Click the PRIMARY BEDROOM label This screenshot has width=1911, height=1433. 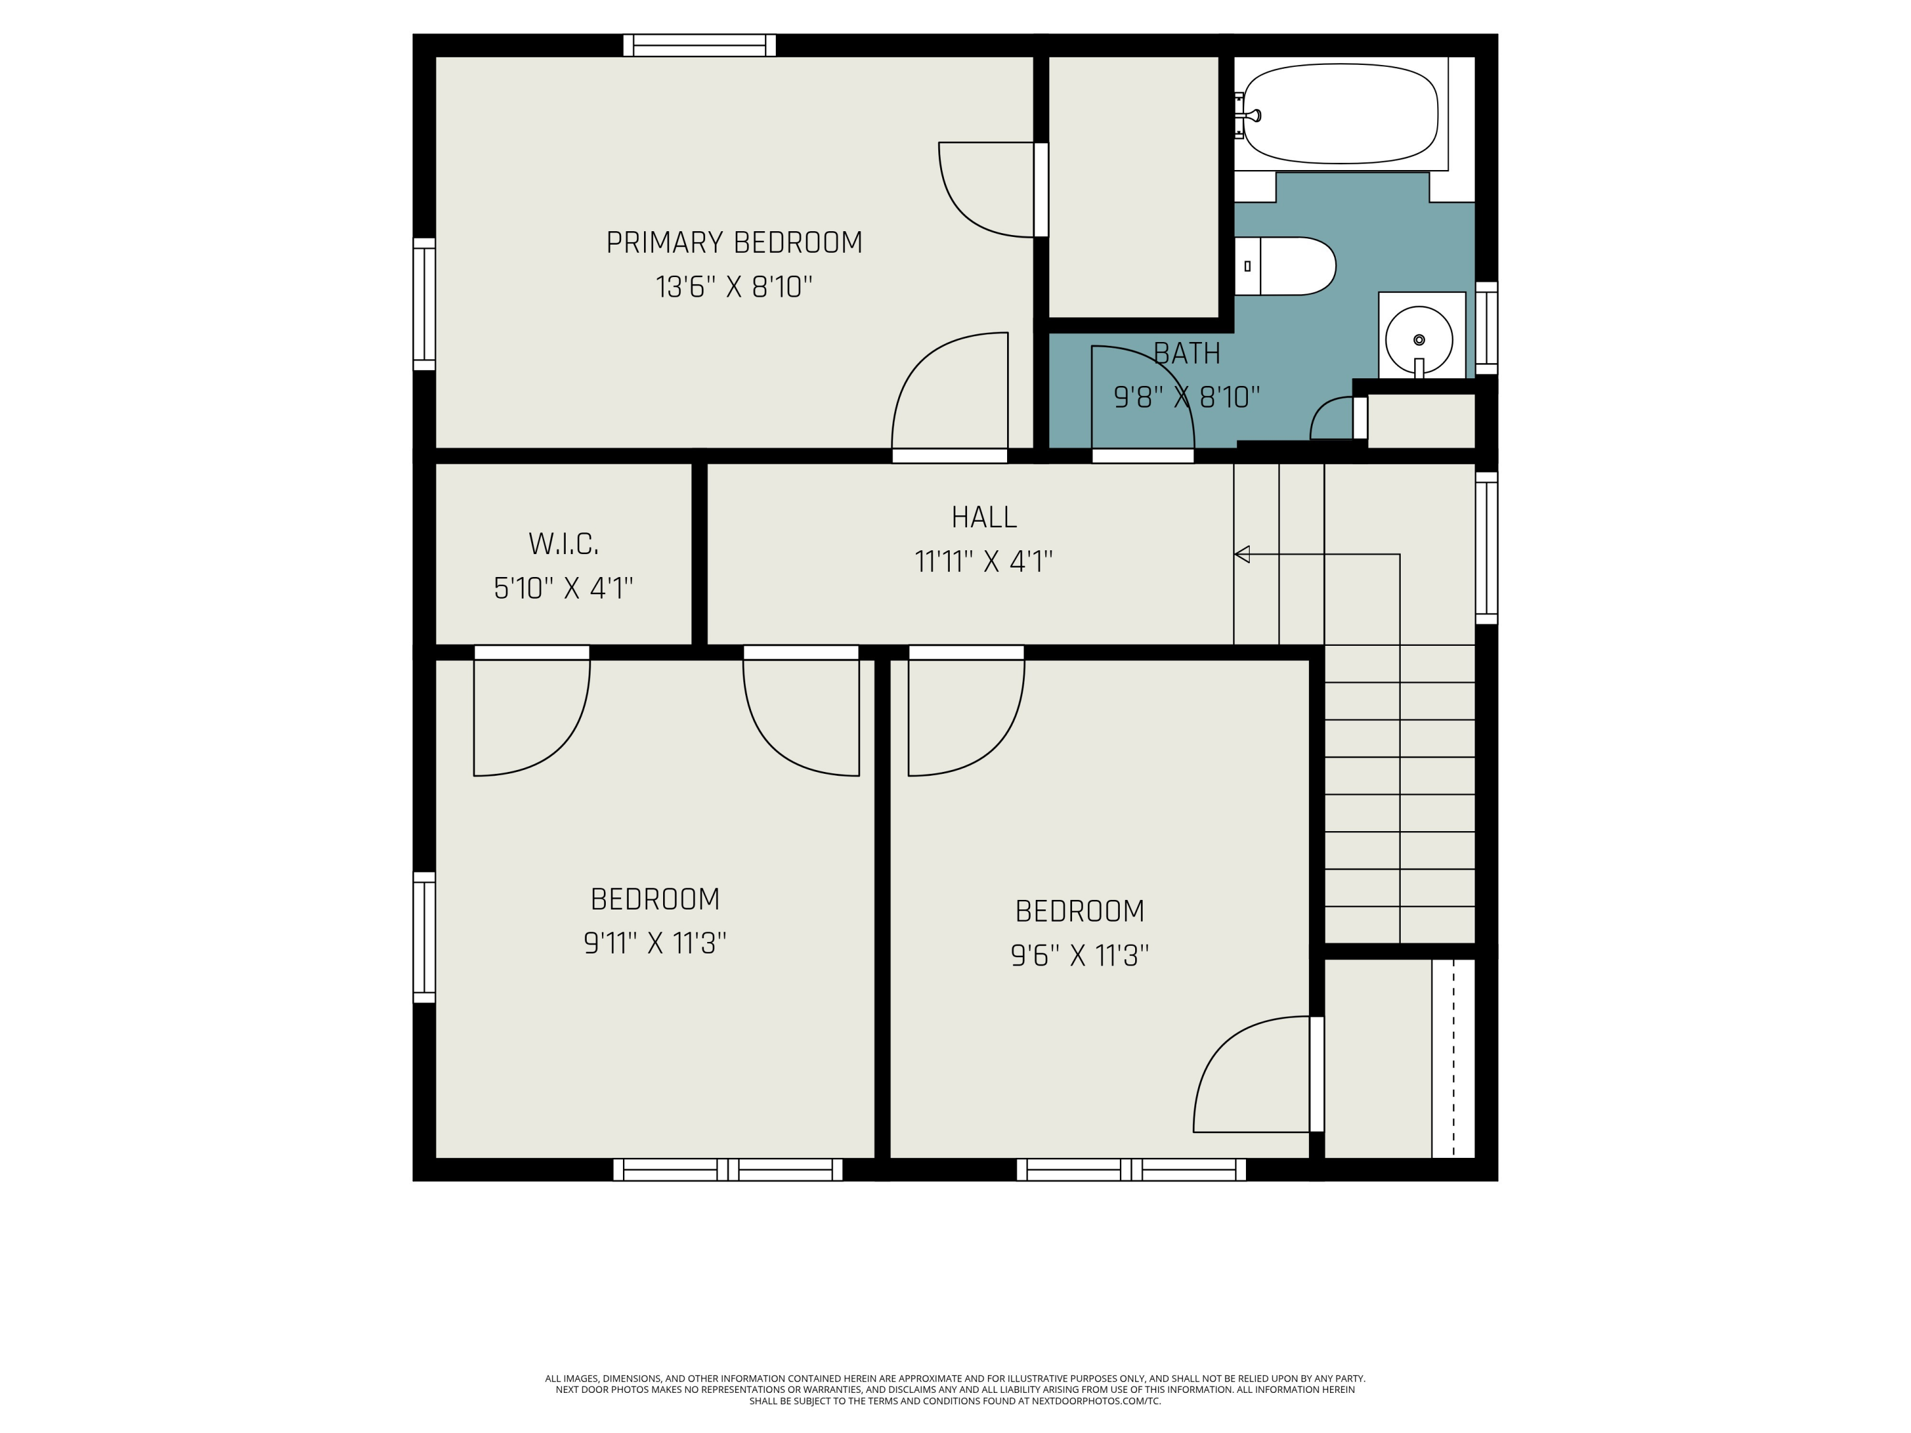click(734, 243)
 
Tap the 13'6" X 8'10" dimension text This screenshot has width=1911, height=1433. click(734, 287)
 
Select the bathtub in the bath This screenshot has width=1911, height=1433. click(1340, 113)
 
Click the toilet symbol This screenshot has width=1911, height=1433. click(1285, 266)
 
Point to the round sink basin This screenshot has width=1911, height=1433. click(1419, 340)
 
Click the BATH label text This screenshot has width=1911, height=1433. click(1187, 353)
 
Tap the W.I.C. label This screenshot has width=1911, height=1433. click(563, 544)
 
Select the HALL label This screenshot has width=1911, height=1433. click(984, 517)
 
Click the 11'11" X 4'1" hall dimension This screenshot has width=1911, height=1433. click(984, 562)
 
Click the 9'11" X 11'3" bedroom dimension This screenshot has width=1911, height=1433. click(655, 943)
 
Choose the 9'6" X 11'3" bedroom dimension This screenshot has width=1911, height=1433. click(1080, 955)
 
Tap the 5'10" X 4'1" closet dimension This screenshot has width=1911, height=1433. click(563, 589)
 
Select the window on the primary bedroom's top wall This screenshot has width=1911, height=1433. click(700, 45)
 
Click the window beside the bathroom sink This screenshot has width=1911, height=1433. click(1486, 328)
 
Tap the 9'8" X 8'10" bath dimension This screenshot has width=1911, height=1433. click(1187, 397)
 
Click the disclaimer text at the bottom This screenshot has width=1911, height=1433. click(955, 1390)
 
